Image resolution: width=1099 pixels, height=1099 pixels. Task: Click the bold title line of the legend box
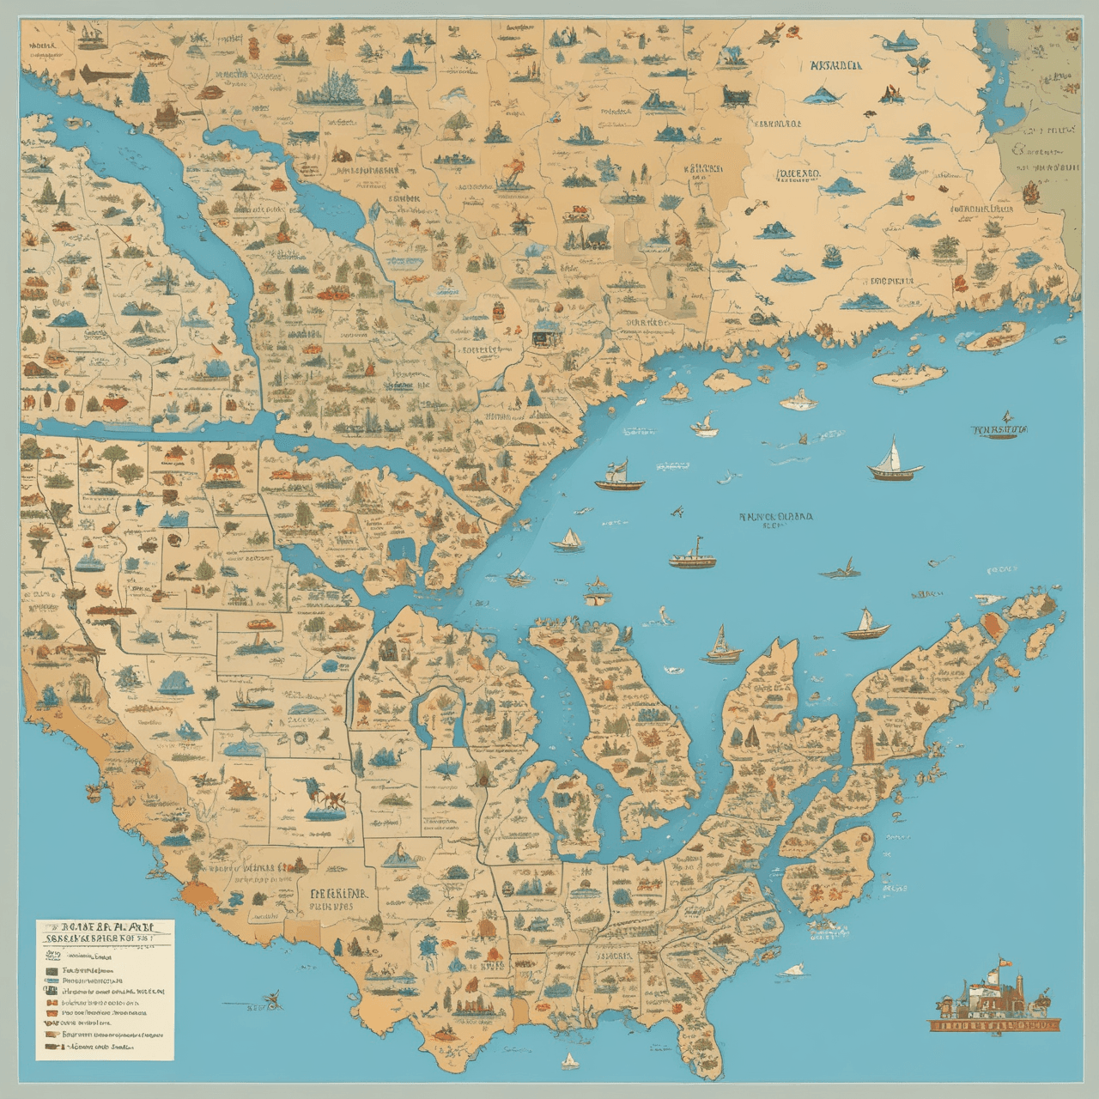[x=105, y=928]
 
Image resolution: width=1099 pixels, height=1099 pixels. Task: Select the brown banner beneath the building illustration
[x=994, y=1024]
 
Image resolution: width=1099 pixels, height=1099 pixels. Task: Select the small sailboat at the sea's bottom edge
[x=568, y=1061]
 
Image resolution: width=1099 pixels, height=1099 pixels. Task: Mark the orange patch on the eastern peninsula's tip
[x=994, y=624]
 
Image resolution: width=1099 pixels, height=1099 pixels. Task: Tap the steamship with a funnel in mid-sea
[x=692, y=556]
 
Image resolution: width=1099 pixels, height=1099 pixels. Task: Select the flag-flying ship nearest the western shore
[x=620, y=477]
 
